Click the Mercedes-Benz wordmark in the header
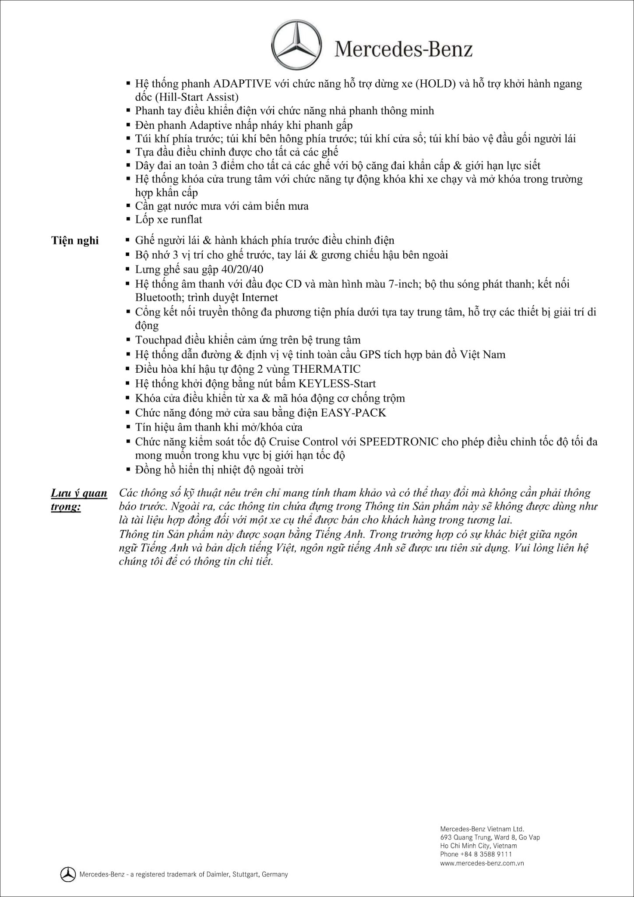point(404,49)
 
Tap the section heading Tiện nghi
point(75,241)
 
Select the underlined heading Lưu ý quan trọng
point(79,500)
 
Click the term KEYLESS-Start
point(337,384)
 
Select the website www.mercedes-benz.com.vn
point(482,863)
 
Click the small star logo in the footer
point(68,874)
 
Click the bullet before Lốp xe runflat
point(128,219)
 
